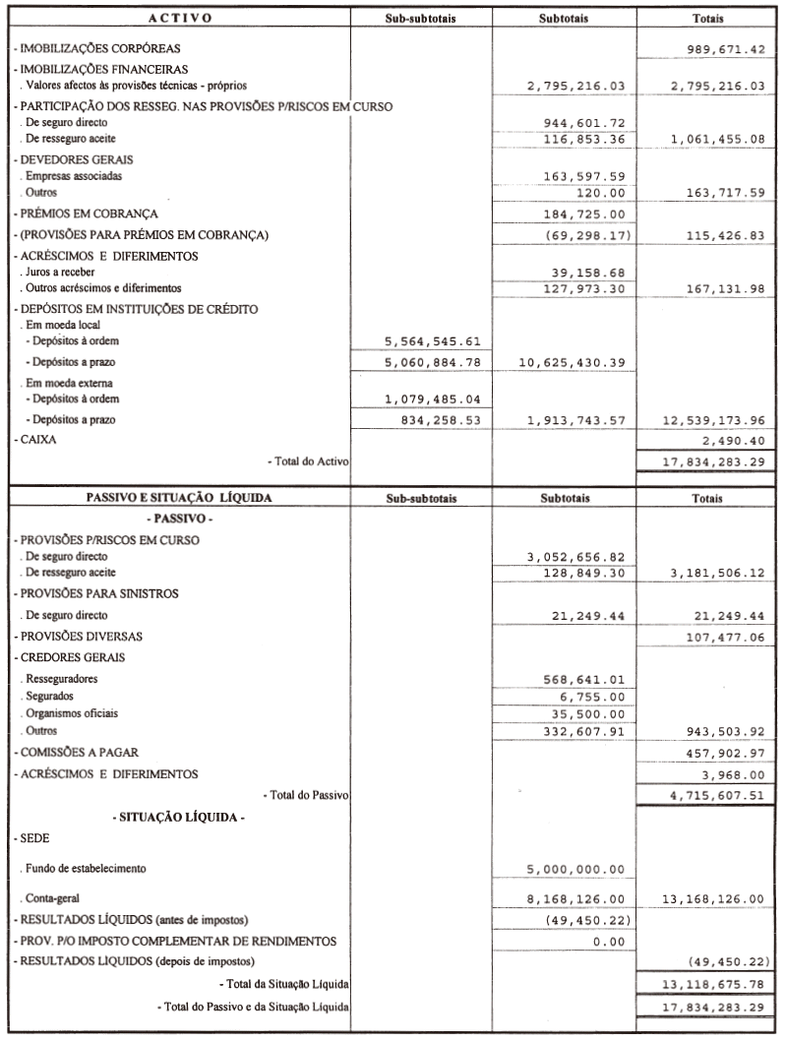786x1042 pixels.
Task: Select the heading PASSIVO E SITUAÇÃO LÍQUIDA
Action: click(179, 498)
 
